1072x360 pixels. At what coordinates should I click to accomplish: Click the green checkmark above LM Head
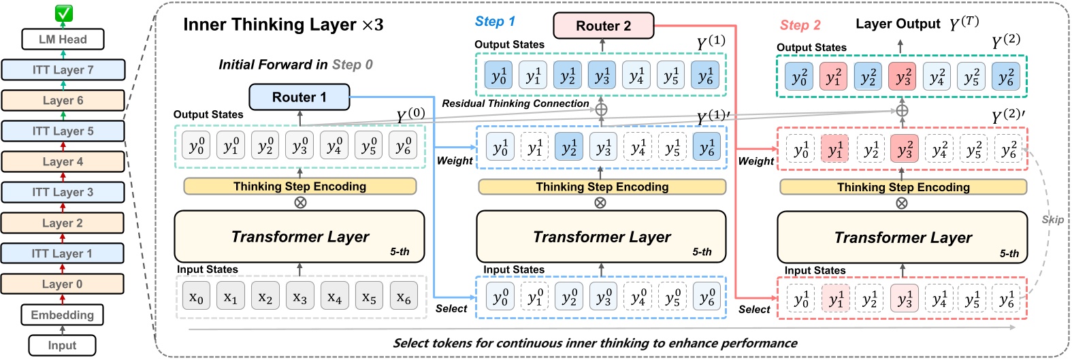coord(63,13)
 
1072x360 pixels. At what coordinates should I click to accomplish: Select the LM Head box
coord(63,39)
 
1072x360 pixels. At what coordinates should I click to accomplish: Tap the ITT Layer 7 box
coord(63,69)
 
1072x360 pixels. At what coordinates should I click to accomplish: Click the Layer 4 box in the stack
coord(63,162)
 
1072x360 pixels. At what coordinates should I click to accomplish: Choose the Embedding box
coord(63,315)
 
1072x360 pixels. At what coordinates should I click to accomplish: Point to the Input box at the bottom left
coord(62,346)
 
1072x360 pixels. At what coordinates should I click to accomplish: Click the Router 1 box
coord(299,97)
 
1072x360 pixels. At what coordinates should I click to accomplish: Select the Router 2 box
coord(603,26)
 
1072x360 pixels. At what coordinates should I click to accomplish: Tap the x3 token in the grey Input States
coord(299,298)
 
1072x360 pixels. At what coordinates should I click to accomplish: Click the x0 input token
coord(196,298)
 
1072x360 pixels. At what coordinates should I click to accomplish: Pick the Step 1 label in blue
coord(495,22)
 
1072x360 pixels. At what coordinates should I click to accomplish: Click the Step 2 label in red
coord(800,25)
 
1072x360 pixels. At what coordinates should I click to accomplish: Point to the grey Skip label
coord(1052,219)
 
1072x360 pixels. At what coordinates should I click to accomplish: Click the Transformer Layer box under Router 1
coord(299,237)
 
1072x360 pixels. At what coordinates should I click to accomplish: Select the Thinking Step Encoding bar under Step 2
coord(903,187)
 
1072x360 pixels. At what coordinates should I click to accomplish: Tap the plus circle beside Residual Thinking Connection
coord(601,109)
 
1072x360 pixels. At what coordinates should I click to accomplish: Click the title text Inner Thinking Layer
coord(270,25)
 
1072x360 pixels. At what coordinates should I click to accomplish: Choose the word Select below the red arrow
coord(754,310)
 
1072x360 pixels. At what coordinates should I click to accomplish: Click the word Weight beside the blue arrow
coord(455,161)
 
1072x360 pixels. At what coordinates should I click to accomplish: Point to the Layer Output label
coord(898,24)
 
